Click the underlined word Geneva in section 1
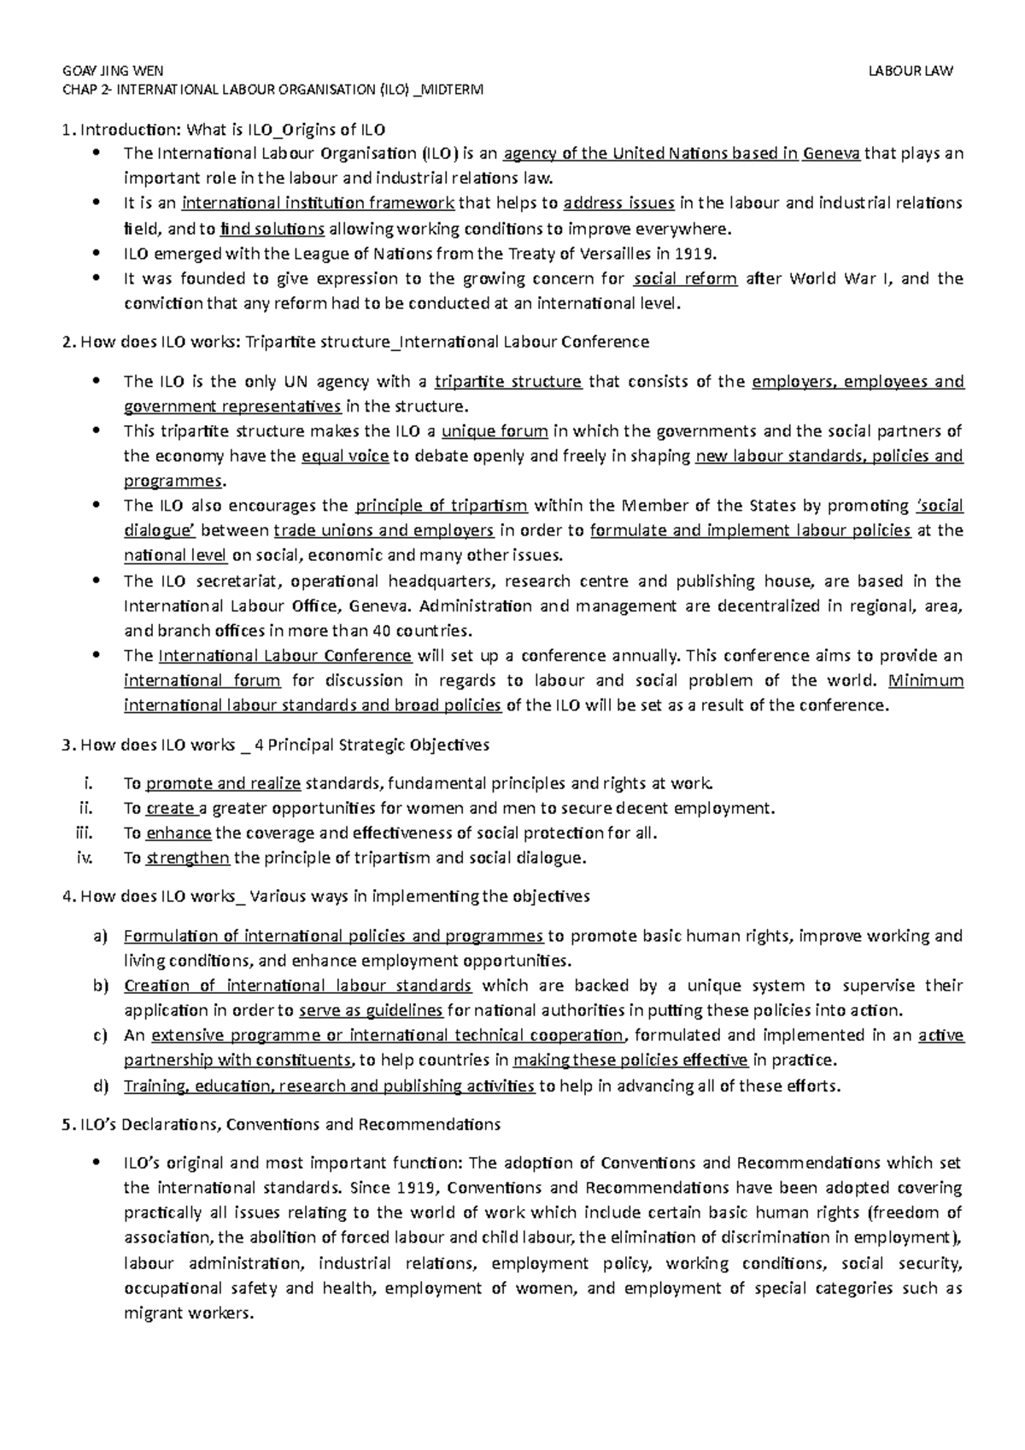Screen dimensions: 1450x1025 tap(832, 154)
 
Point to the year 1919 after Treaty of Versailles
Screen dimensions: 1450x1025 tap(691, 254)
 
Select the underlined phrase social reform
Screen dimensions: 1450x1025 tap(685, 278)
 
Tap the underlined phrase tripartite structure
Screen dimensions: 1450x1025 tap(508, 381)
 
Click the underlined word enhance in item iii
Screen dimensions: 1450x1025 tap(179, 833)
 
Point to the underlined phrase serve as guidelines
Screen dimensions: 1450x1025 tap(371, 1011)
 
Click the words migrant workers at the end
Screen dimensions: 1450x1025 tap(189, 1313)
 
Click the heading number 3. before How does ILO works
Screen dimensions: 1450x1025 tap(69, 745)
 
